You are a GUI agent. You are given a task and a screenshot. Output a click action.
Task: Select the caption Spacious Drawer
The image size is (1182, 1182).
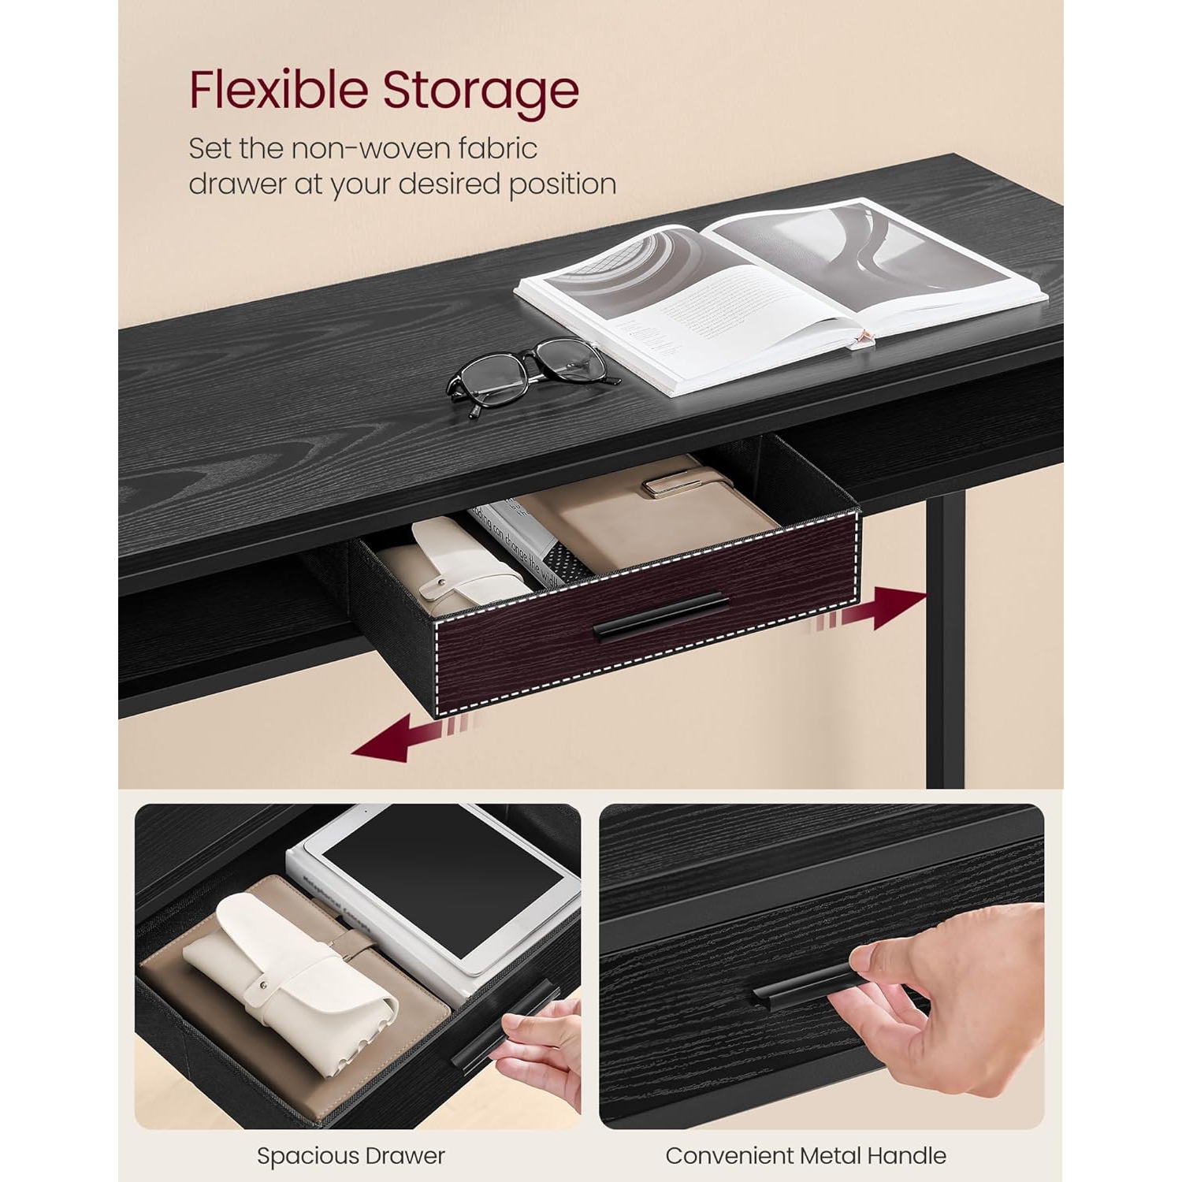point(351,1156)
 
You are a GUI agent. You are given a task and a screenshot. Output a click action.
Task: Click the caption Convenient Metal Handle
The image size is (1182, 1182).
point(805,1156)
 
